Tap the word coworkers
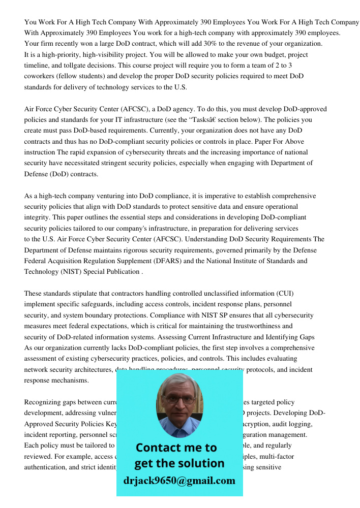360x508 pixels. click(x=41, y=76)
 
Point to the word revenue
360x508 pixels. click(x=257, y=44)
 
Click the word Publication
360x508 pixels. click(x=119, y=272)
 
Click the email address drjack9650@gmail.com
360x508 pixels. click(x=179, y=481)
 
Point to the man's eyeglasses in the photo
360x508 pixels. click(x=179, y=399)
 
